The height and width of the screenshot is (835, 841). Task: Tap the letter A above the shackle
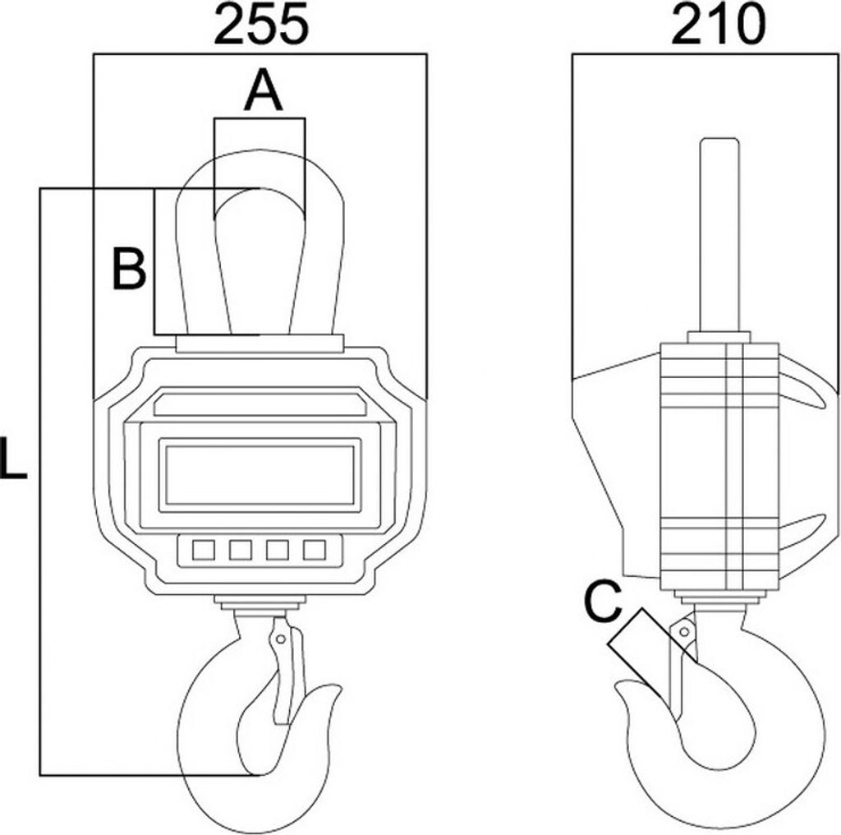click(263, 91)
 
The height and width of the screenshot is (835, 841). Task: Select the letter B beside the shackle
click(129, 268)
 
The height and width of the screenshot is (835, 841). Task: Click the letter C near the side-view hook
click(603, 602)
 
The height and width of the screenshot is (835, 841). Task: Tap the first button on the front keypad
click(204, 550)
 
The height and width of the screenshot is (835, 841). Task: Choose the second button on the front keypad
click(241, 550)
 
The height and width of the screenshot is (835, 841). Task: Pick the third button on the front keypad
click(278, 550)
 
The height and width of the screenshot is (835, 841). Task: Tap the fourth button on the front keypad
click(315, 550)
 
